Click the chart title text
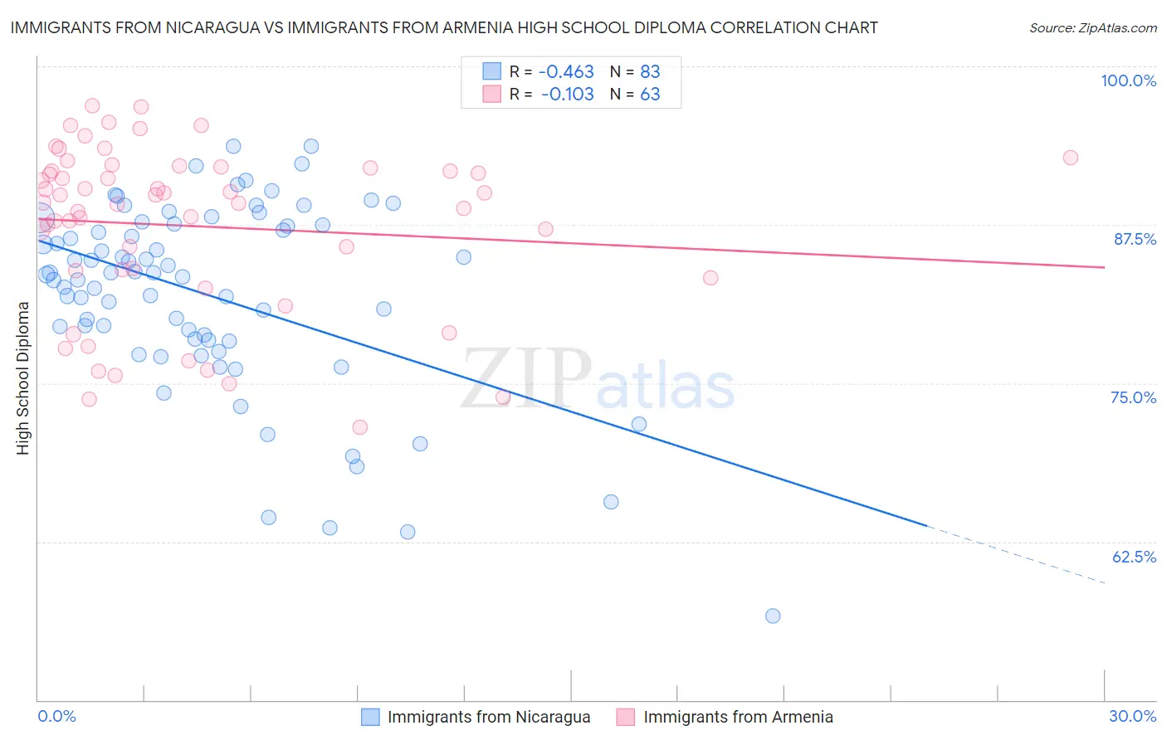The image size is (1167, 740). tap(444, 27)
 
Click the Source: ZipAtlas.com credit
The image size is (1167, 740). tap(1092, 27)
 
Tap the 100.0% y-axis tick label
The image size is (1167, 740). tap(1128, 80)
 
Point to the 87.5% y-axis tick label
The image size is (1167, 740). tap(1134, 239)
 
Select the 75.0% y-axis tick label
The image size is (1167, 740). tap(1133, 397)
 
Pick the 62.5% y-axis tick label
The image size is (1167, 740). tap(1134, 557)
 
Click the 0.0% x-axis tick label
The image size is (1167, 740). tap(56, 716)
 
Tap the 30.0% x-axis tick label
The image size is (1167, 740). tap(1132, 716)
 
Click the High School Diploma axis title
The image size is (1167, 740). tap(23, 377)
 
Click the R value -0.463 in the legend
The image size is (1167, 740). tap(568, 72)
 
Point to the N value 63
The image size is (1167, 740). tap(650, 94)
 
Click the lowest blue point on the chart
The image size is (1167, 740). tap(773, 616)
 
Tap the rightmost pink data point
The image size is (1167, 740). tap(1071, 158)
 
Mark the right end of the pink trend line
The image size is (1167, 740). tap(1104, 267)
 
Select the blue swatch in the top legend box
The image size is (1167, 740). tap(492, 71)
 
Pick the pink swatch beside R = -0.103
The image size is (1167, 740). tap(492, 94)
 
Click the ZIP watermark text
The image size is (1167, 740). tap(526, 379)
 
